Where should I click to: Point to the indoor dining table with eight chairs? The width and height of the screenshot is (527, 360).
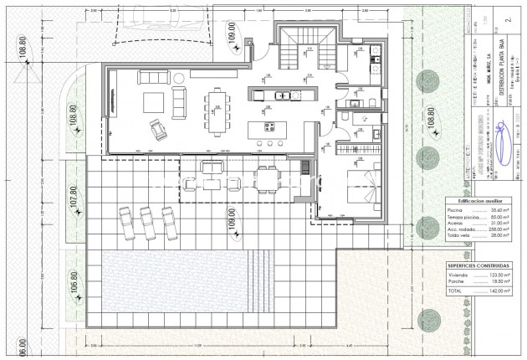click(x=217, y=111)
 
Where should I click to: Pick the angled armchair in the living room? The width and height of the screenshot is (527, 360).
click(x=156, y=129)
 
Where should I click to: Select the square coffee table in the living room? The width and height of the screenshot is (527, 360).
click(x=154, y=103)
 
